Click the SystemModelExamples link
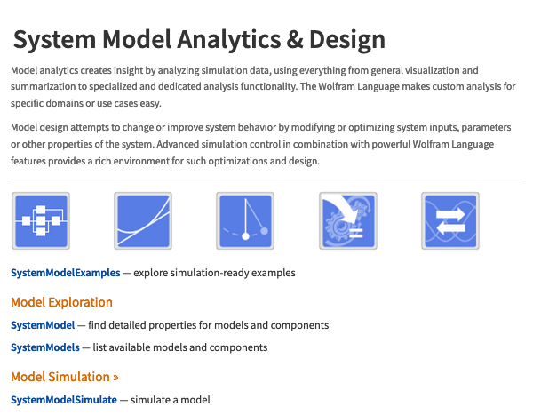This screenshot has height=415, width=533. pos(65,273)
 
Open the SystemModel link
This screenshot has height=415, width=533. pos(43,325)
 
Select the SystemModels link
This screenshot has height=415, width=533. pos(45,347)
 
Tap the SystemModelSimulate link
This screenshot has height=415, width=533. pos(64,400)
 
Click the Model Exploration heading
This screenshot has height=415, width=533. pos(61,302)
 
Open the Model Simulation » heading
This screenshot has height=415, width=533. pos(65,377)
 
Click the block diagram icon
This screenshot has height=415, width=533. pos(41,220)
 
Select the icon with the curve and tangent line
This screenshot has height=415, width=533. pos(143,220)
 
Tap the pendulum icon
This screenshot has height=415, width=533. pos(245,220)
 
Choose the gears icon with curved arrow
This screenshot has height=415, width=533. pos(348,220)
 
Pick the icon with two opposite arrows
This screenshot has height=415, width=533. pos(450,220)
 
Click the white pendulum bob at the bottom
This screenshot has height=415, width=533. pos(245,236)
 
